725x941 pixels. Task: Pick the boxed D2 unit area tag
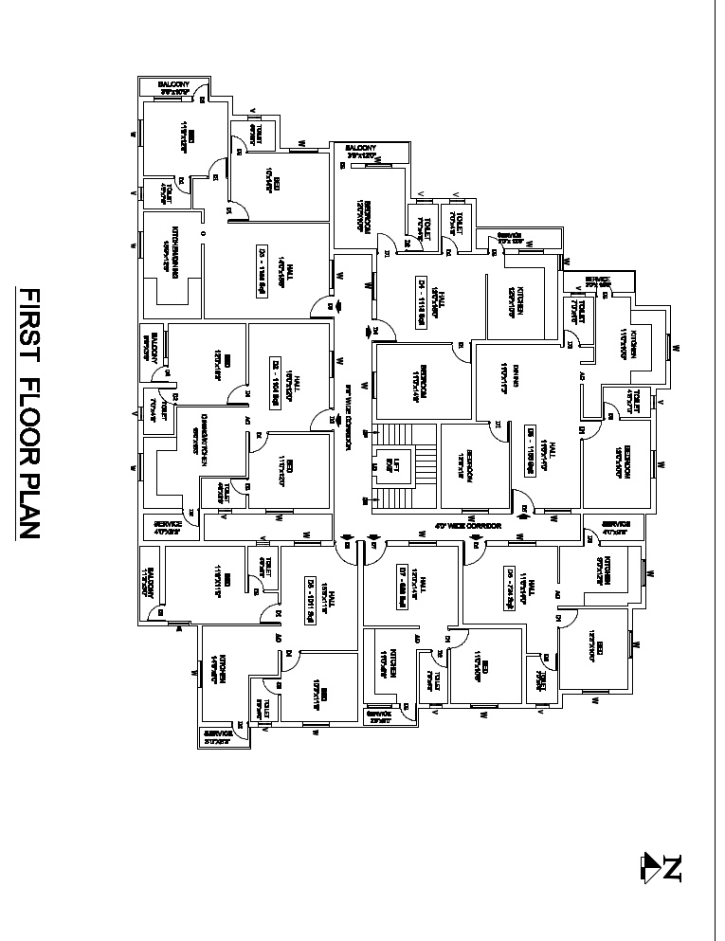click(276, 380)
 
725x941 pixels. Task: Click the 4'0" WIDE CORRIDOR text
click(467, 525)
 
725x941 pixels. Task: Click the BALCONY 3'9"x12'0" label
click(361, 151)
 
